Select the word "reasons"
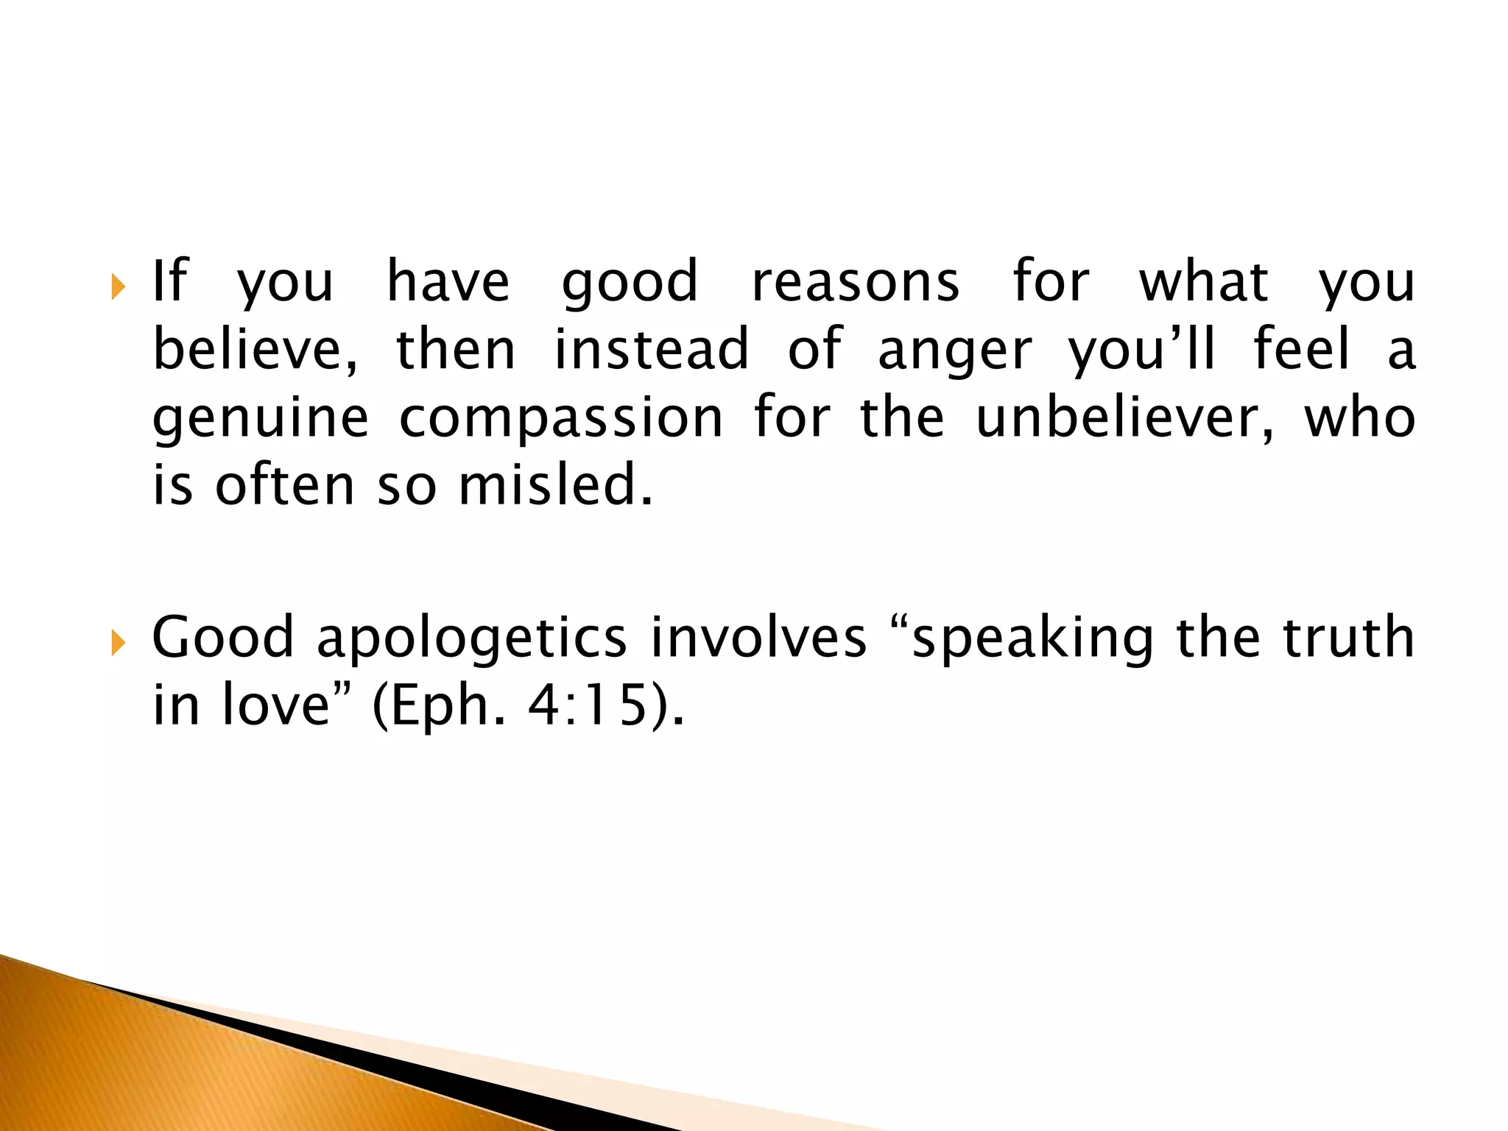point(856,282)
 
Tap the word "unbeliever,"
point(1124,417)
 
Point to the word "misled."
point(556,485)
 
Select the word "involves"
point(758,638)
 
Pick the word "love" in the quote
point(275,705)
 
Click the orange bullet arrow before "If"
point(118,287)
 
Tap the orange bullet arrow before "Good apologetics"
point(118,643)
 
